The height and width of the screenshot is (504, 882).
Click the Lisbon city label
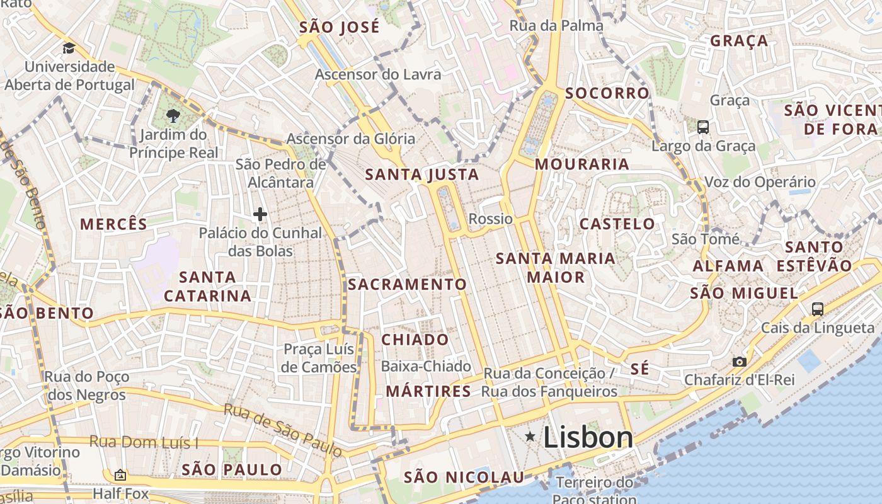[587, 437]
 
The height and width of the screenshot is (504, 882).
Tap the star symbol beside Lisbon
[530, 436]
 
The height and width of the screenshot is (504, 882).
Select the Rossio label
[491, 219]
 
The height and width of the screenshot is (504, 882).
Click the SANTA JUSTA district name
[422, 175]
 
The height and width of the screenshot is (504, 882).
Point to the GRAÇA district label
[739, 41]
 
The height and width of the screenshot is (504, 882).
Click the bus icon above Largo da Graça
[703, 127]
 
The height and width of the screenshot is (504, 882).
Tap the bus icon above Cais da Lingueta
[818, 309]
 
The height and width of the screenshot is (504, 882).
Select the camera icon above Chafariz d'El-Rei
[740, 362]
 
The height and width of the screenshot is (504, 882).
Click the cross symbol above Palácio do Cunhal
[260, 214]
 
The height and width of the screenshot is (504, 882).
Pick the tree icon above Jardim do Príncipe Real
[173, 115]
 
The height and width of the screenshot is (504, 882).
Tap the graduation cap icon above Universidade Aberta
[69, 48]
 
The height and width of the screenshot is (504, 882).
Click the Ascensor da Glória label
[351, 139]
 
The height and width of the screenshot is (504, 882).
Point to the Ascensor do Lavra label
[378, 74]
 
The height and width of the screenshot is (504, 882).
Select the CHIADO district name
[415, 340]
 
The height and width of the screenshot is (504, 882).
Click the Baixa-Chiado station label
[426, 366]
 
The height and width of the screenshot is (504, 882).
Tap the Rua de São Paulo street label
[283, 430]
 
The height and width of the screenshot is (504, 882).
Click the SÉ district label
[639, 369]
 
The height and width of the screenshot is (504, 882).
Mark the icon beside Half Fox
[120, 475]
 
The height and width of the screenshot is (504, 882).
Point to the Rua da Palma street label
[556, 26]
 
